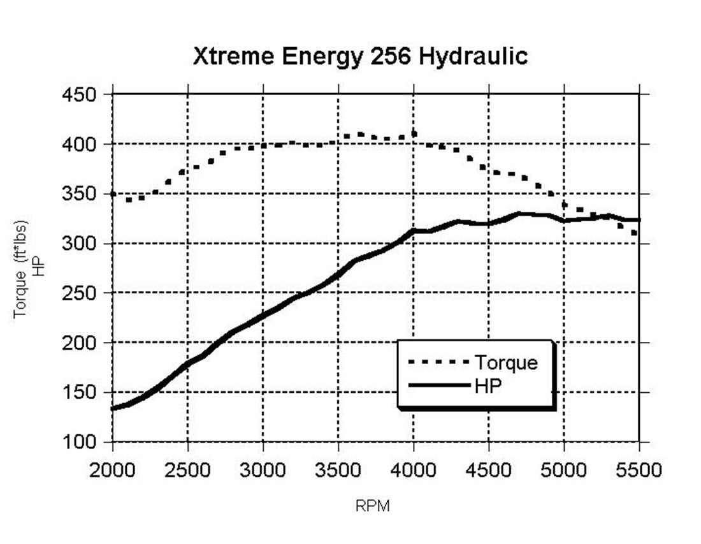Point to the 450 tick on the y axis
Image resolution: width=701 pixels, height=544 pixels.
80,95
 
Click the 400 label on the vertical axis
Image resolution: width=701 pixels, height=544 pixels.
80,145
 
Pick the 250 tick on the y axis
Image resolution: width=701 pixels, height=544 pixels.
80,293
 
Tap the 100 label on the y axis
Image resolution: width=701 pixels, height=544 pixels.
80,442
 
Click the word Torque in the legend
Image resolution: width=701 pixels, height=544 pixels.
506,363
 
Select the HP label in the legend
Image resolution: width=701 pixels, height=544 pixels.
488,386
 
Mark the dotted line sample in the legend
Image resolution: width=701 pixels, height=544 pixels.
438,363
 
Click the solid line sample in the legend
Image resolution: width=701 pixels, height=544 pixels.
438,386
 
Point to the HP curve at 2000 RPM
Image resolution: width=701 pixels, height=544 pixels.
113,408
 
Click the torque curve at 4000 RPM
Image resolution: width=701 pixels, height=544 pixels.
414,134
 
